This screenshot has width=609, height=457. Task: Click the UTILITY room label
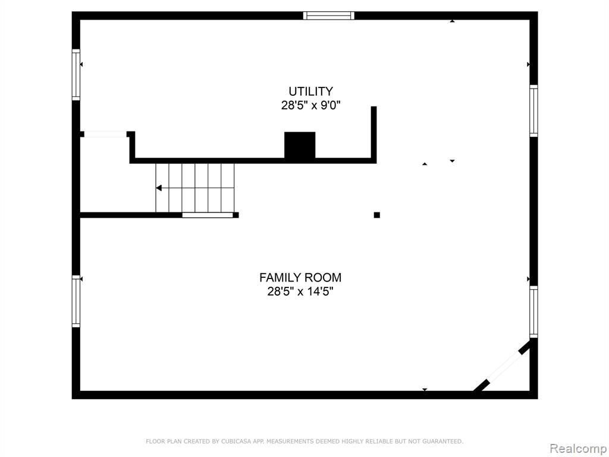[310, 91]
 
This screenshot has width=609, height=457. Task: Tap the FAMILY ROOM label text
[300, 277]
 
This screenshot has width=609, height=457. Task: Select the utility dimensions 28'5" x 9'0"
[310, 105]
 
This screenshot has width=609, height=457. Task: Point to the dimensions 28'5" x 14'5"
[300, 291]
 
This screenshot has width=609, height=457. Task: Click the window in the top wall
[328, 15]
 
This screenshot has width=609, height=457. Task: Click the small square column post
[376, 215]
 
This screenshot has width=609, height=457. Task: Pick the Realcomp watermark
[579, 449]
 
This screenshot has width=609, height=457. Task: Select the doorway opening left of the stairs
[105, 134]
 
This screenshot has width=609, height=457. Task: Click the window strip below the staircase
[208, 215]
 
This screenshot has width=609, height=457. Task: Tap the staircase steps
[195, 188]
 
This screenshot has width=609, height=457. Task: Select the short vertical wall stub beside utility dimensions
[373, 134]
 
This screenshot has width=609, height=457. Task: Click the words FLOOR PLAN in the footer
[164, 441]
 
